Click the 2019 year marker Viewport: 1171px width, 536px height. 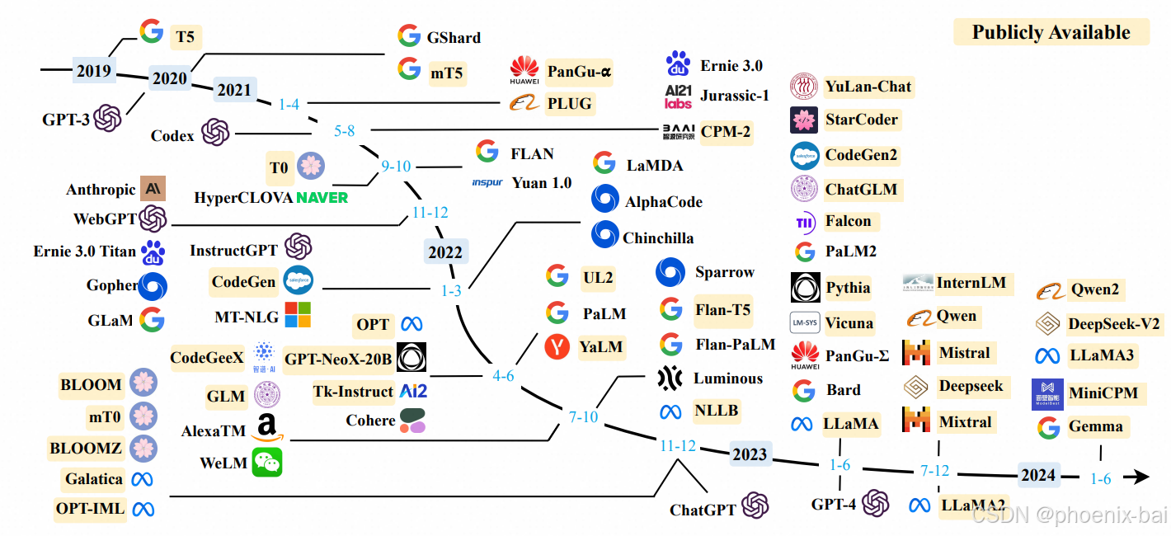(93, 70)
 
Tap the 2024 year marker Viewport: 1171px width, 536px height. (1037, 474)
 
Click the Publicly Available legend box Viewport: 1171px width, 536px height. (1051, 32)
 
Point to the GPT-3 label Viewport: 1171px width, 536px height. (66, 119)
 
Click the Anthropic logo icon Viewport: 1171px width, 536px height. (153, 189)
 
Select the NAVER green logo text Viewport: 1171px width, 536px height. (322, 197)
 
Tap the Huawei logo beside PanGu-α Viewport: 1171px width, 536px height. (524, 72)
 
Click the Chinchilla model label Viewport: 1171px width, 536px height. (658, 237)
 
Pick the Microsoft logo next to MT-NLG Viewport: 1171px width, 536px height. (298, 315)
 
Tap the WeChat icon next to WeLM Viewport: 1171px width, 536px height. (266, 462)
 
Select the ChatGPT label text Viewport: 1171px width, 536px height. (703, 510)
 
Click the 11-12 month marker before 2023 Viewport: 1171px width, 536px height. (678, 446)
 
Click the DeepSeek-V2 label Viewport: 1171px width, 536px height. (1114, 323)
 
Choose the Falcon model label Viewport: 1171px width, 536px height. (848, 220)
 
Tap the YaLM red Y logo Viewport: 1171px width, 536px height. (557, 347)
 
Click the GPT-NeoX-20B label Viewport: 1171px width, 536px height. (338, 359)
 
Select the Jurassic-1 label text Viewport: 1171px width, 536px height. (734, 96)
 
